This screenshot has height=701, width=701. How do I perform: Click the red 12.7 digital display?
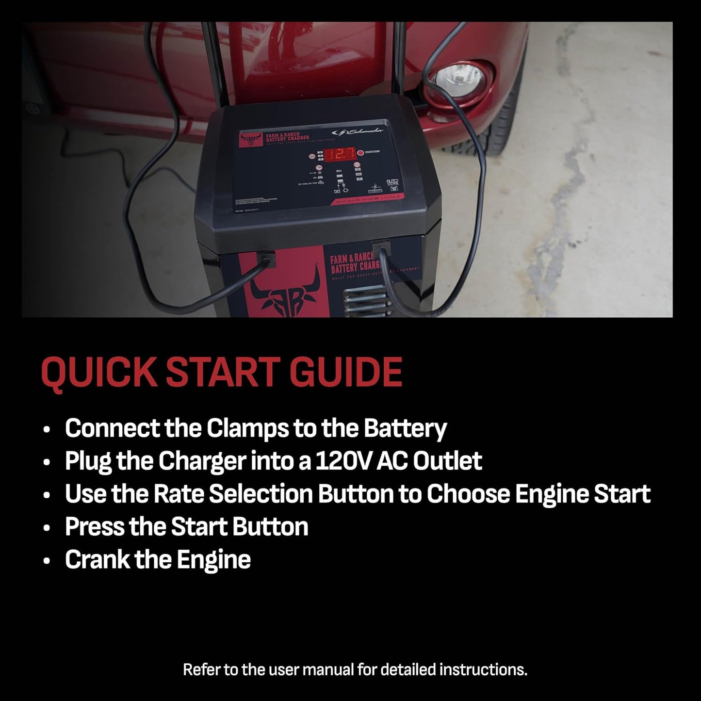[x=339, y=155]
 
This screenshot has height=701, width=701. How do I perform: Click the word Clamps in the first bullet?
[x=246, y=429]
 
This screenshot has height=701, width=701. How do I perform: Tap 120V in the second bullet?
[x=344, y=461]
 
